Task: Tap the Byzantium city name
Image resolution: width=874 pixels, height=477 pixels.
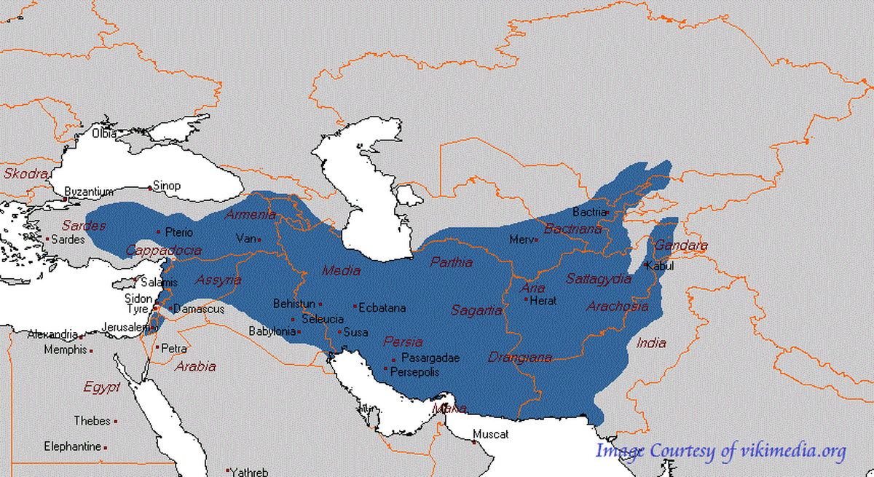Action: [x=89, y=192]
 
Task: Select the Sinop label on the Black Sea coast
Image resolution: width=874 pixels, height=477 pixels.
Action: [x=167, y=186]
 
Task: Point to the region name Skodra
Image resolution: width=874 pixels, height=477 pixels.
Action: [x=25, y=174]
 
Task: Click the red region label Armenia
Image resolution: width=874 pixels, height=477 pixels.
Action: [x=251, y=215]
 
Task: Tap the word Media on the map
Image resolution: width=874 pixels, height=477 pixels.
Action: [x=341, y=271]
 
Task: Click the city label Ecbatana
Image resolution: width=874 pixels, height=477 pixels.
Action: [x=382, y=308]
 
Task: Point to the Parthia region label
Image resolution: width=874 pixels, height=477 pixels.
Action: [x=451, y=262]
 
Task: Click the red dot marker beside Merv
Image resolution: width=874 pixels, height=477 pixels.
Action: [x=537, y=240]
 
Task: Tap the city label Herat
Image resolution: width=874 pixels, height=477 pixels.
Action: [x=543, y=300]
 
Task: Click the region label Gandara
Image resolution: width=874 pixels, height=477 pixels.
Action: [x=680, y=246]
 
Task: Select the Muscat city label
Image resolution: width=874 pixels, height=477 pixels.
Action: [x=490, y=435]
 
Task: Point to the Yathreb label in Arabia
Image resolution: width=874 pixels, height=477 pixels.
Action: [x=250, y=472]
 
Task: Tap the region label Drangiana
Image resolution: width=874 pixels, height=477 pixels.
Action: [x=520, y=358]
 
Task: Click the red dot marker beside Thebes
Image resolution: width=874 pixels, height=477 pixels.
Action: [x=115, y=422]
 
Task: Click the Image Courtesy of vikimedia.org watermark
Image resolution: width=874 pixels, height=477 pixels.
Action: [x=720, y=452]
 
